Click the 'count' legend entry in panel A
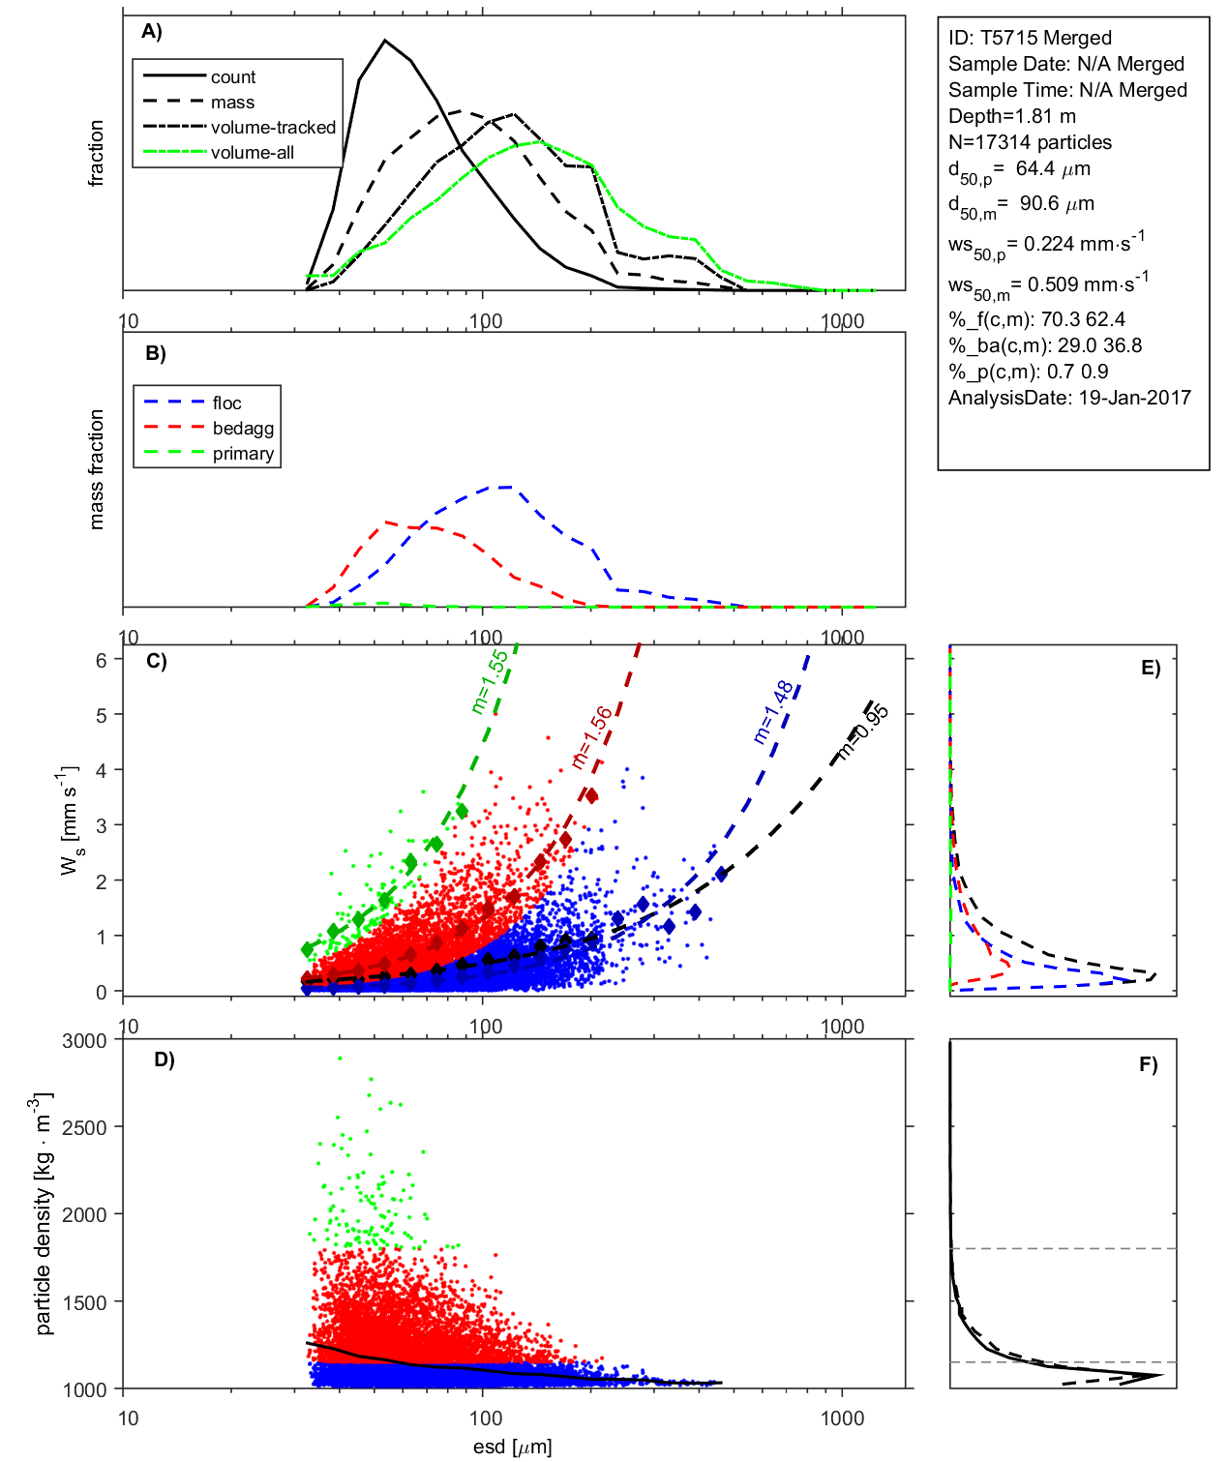[233, 77]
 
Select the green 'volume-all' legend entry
[252, 153]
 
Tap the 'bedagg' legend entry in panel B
[243, 429]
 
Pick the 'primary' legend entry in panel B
[243, 454]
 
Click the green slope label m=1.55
[490, 682]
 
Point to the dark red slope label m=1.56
[592, 738]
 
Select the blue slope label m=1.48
[774, 712]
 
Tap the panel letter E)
[1150, 669]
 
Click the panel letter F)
[1148, 1065]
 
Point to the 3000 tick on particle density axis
[84, 1042]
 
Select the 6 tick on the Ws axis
[101, 660]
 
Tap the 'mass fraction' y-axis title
[96, 469]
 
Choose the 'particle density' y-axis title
[44, 1214]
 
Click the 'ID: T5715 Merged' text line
[1030, 38]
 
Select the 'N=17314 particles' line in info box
[1030, 142]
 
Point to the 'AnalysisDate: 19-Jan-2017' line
[1069, 398]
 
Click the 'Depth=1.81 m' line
[1012, 116]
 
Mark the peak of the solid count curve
[385, 41]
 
